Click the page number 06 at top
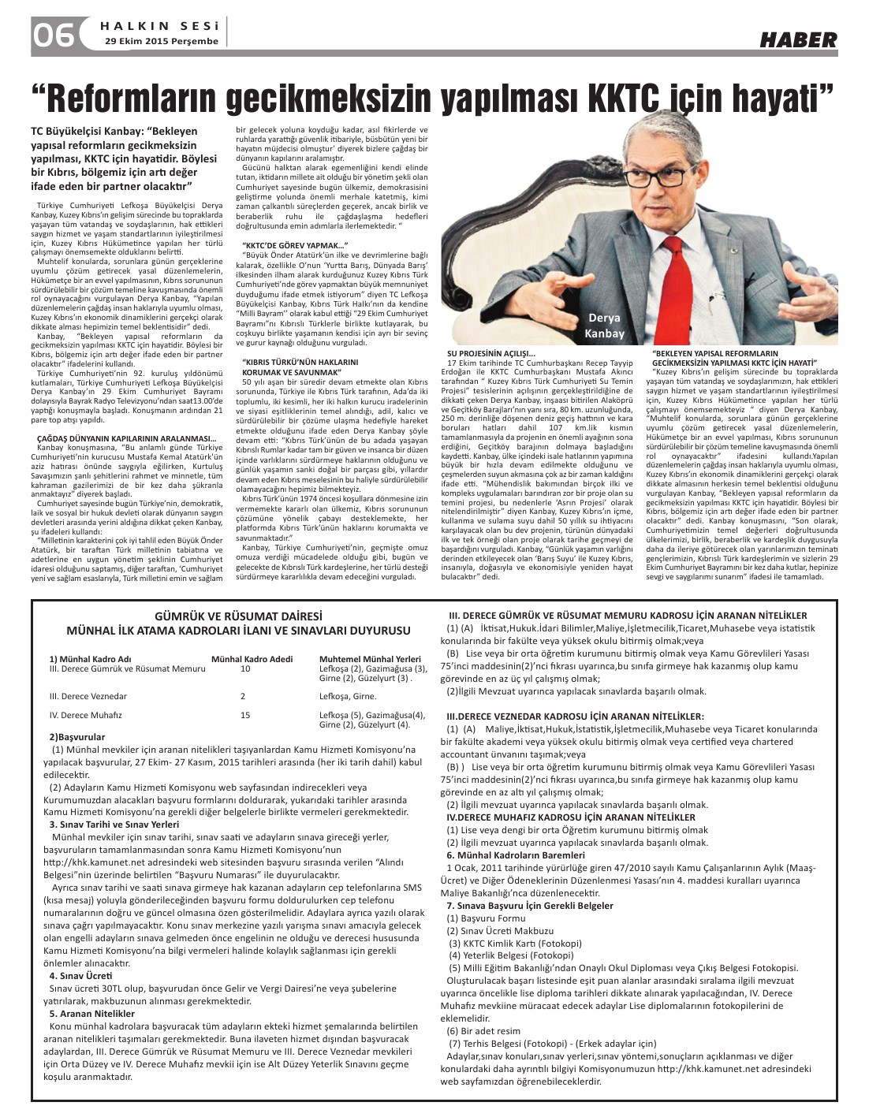[x=54, y=34]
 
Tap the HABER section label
[x=798, y=40]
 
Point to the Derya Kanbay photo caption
[x=605, y=326]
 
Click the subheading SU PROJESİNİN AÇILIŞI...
[x=490, y=353]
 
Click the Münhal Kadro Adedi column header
[x=252, y=659]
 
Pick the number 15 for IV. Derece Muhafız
[x=245, y=715]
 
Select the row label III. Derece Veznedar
[x=88, y=696]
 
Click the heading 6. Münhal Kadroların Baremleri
[x=516, y=855]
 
